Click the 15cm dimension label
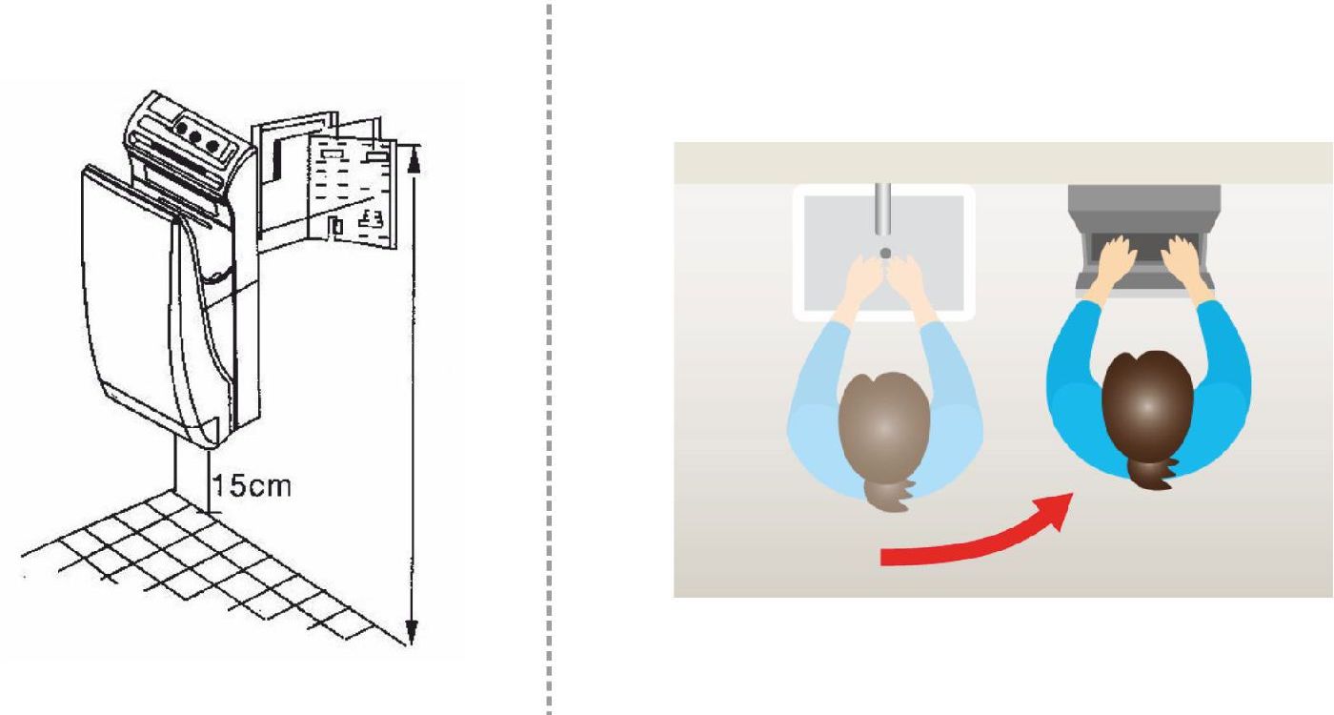(x=252, y=486)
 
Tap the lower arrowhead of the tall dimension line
(x=412, y=631)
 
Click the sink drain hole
(x=885, y=254)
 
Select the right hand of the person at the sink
(x=905, y=276)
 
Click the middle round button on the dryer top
(x=195, y=136)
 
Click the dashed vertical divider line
(x=549, y=357)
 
